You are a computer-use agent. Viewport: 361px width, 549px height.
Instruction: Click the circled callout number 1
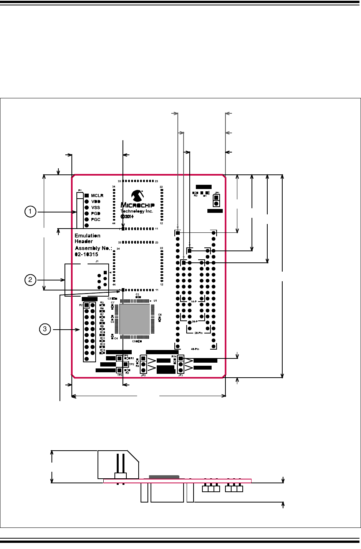(30, 212)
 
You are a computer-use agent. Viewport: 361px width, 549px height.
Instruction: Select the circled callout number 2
(30, 280)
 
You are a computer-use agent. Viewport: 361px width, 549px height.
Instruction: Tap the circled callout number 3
(45, 329)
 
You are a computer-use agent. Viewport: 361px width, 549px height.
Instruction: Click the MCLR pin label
(97, 196)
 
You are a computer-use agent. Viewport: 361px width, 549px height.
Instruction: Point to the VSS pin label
(96, 207)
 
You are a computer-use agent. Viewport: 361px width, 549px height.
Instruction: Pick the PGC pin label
(96, 219)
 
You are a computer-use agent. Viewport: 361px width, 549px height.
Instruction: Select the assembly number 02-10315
(86, 254)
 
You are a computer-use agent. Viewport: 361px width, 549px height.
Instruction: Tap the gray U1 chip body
(134, 319)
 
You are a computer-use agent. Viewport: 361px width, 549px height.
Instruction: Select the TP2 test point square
(126, 364)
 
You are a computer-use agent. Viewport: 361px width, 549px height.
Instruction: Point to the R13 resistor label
(102, 350)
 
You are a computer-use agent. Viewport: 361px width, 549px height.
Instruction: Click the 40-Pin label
(195, 349)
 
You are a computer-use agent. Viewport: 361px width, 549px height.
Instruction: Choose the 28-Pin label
(199, 333)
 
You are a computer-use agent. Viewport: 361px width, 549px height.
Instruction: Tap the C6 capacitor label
(160, 315)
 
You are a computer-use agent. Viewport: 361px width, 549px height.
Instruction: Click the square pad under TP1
(119, 358)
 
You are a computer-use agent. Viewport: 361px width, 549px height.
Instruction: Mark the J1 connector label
(97, 261)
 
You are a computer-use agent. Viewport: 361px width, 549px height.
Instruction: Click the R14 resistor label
(174, 357)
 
